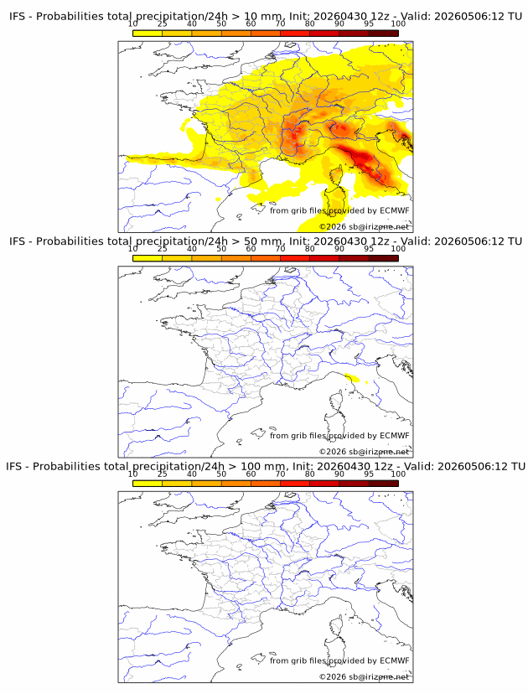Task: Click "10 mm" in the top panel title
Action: [263, 17]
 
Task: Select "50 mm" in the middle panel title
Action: [263, 241]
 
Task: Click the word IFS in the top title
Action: [18, 17]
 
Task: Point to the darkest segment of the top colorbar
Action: [384, 34]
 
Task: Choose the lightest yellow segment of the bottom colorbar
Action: [148, 484]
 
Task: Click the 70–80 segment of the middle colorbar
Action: [295, 258]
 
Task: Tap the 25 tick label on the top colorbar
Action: [163, 24]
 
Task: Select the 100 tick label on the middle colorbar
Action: [398, 249]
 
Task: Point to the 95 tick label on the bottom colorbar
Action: [369, 474]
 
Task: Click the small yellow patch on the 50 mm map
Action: [353, 377]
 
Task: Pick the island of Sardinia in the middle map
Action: [334, 422]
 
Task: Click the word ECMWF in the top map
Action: [395, 210]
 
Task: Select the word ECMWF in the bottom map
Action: [395, 660]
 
